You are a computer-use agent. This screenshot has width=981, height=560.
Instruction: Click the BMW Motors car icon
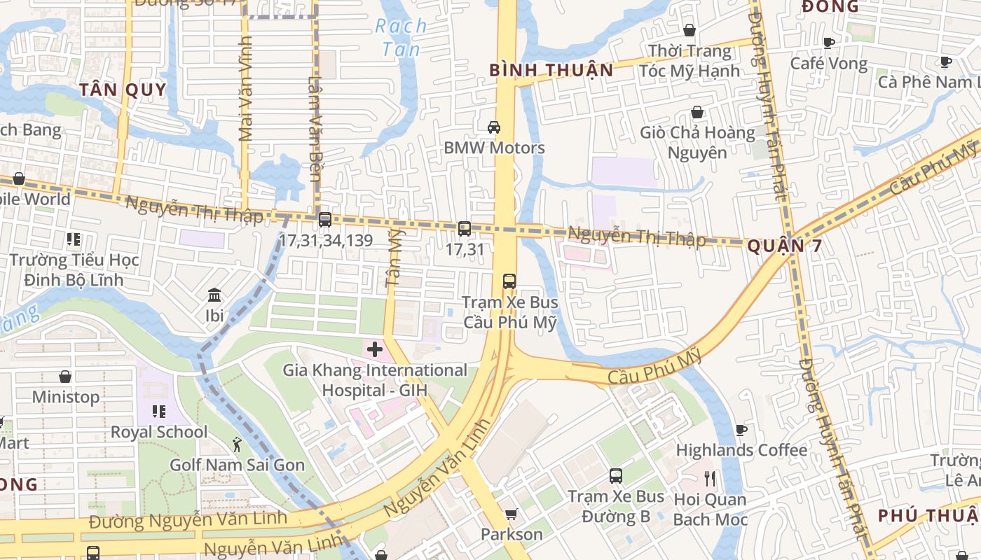tap(494, 127)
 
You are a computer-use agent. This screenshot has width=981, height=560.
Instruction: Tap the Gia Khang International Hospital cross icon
tap(375, 349)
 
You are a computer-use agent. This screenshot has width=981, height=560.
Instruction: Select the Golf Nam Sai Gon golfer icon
tap(238, 444)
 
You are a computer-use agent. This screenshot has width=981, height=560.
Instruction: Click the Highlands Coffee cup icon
tap(741, 430)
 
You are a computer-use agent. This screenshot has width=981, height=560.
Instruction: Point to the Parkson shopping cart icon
tap(512, 514)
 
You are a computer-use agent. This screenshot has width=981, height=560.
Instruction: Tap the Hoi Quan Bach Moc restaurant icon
tap(711, 479)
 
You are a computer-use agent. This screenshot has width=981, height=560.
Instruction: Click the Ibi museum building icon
tap(214, 295)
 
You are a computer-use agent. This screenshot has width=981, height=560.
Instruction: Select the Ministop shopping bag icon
tap(65, 377)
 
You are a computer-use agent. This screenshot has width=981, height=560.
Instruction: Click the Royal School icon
tap(159, 412)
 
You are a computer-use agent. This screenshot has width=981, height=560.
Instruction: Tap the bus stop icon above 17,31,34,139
tap(325, 220)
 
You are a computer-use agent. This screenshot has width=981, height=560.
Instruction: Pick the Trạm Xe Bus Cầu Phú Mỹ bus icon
tap(509, 281)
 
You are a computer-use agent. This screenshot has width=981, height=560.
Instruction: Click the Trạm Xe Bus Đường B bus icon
tap(616, 476)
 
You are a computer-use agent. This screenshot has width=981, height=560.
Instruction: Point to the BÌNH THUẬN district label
tap(551, 70)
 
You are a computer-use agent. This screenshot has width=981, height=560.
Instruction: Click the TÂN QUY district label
tap(123, 90)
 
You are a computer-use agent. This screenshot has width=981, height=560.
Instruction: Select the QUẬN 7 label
tap(784, 246)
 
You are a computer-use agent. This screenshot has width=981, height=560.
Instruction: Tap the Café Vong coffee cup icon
tap(829, 43)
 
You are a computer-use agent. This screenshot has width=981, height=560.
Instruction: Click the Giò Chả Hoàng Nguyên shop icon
tap(697, 112)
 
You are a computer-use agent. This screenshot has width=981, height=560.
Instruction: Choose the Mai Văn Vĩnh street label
tap(245, 89)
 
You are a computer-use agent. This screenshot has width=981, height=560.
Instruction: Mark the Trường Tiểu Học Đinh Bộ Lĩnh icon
tap(74, 239)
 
